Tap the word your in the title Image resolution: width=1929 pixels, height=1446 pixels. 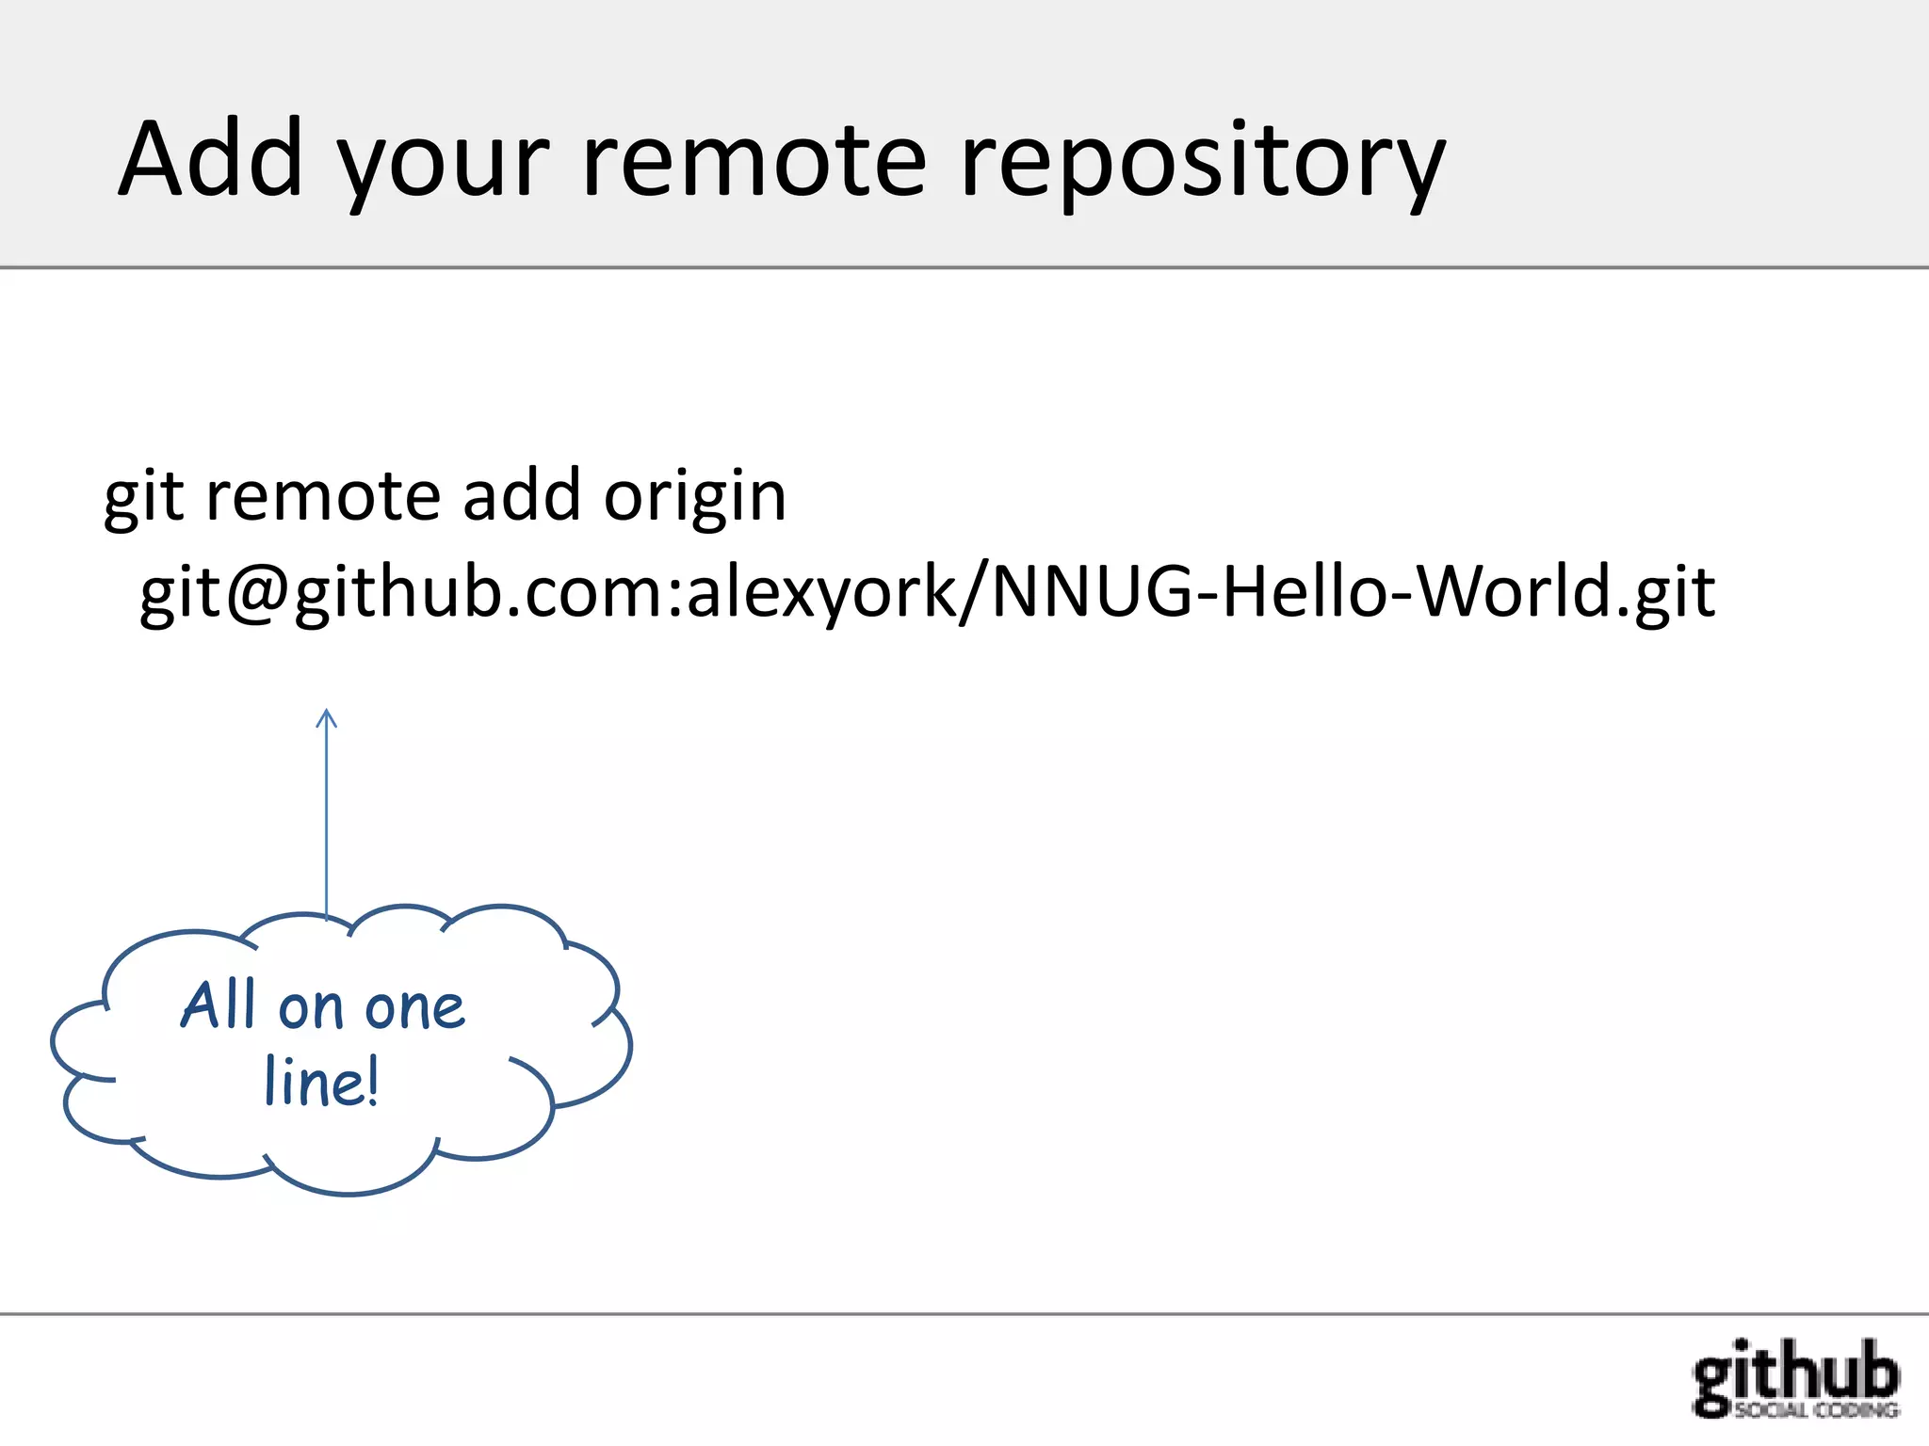443,165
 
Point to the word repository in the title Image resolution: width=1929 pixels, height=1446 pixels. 1201,165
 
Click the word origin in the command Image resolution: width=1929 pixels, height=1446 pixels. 694,497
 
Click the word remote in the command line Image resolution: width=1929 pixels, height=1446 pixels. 323,497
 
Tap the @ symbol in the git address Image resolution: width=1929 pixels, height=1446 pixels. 259,594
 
